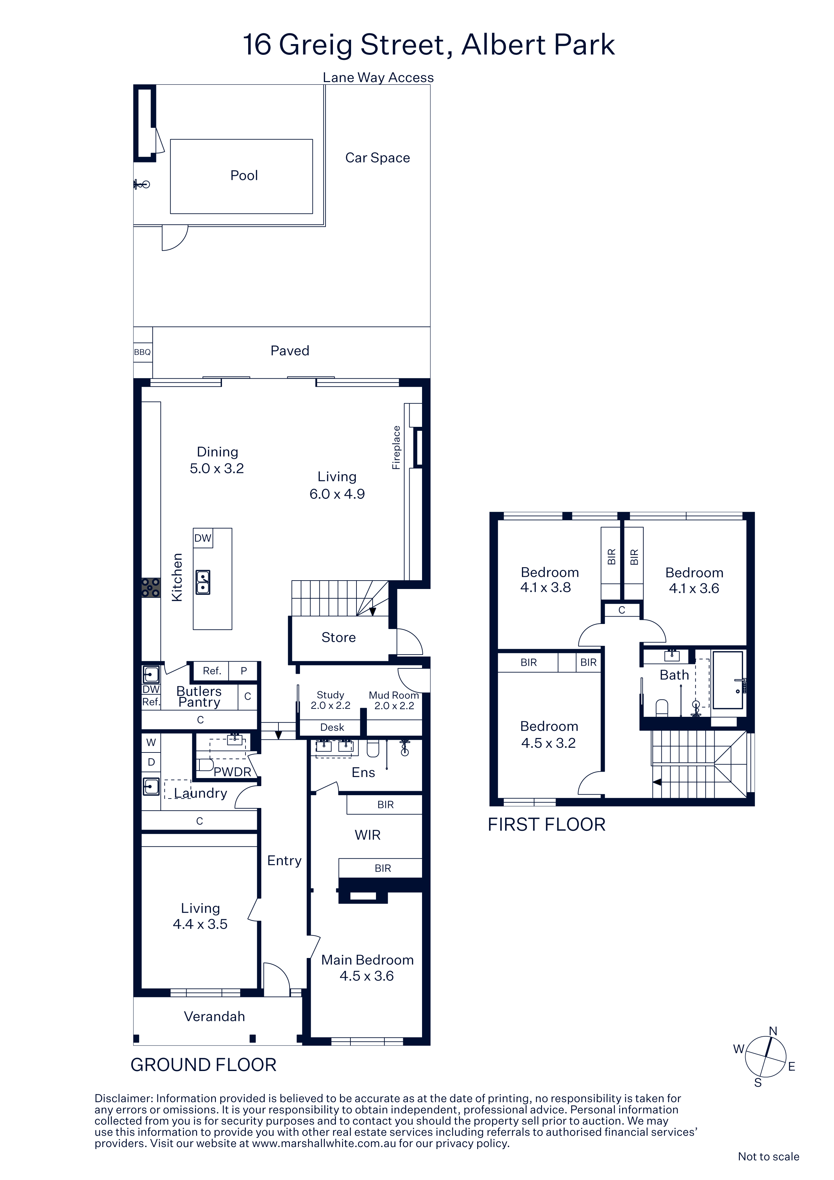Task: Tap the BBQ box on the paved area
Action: click(143, 352)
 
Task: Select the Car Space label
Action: click(377, 158)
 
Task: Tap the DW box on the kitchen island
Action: click(203, 538)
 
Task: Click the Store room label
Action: click(339, 637)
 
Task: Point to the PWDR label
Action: click(232, 772)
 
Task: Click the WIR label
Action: click(368, 835)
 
